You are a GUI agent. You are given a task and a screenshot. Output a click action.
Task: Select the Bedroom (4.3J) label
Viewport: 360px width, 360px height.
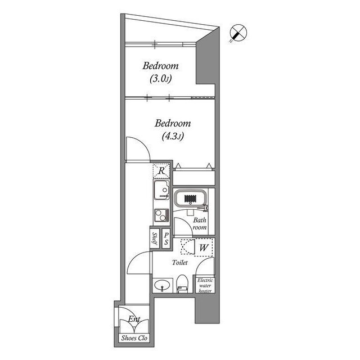pyautogui.click(x=173, y=129)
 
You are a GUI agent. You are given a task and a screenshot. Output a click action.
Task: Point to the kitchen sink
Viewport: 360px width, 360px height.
pyautogui.click(x=160, y=192)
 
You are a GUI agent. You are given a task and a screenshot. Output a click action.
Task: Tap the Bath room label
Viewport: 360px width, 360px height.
pyautogui.click(x=200, y=224)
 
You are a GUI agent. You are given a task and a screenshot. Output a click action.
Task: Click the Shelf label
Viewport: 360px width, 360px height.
pyautogui.click(x=154, y=239)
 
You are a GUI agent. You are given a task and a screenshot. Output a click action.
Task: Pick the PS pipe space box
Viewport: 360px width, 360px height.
pyautogui.click(x=166, y=239)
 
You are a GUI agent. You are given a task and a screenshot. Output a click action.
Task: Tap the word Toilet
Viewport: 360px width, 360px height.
pyautogui.click(x=181, y=263)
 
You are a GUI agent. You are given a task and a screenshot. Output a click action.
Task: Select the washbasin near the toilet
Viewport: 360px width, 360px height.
pyautogui.click(x=162, y=285)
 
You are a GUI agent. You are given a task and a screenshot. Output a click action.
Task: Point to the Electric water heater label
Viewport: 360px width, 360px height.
pyautogui.click(x=205, y=285)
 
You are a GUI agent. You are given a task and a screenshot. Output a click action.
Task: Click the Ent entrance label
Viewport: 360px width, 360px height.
pyautogui.click(x=134, y=320)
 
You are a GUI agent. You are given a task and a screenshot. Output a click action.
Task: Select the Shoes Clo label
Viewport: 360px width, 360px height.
pyautogui.click(x=134, y=339)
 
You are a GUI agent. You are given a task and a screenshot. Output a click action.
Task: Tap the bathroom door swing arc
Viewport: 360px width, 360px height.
pyautogui.click(x=181, y=226)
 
